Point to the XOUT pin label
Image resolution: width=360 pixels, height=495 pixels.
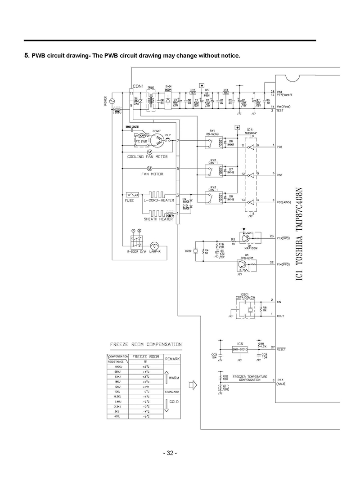tap(280, 316)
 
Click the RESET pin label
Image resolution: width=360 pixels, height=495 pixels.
tap(281, 348)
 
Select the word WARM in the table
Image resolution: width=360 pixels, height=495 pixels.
tap(174, 378)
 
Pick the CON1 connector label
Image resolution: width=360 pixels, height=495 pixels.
tap(138, 86)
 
